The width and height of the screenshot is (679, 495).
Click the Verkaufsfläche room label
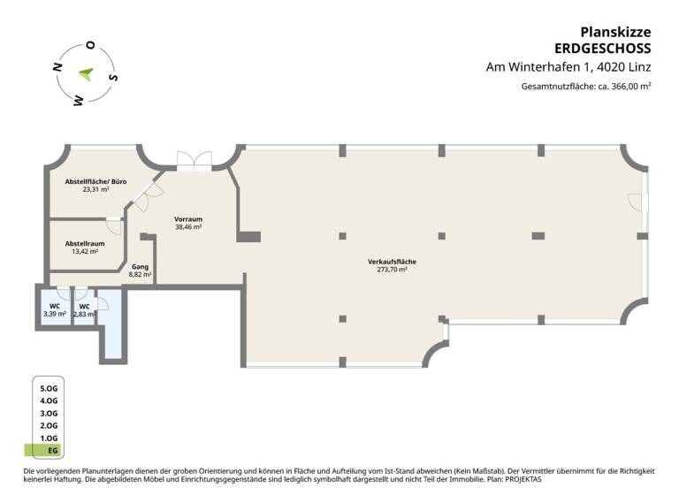point(392,262)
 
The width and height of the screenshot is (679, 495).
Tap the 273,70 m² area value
point(392,270)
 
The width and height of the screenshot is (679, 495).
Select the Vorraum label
point(188,219)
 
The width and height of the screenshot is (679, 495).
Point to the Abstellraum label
point(85,243)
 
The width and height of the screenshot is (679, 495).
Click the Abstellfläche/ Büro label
point(95,181)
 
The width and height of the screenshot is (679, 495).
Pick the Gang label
point(140,267)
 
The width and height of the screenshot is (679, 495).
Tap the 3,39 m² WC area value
point(55,314)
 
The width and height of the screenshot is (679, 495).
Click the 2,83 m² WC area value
point(84,315)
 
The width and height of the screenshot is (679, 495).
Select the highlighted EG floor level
point(48,451)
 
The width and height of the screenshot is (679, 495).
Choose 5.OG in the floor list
point(49,388)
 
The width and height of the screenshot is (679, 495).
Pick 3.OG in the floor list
point(49,414)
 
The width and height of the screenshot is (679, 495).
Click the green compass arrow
point(87,74)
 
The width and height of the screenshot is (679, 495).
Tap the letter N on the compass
point(57,67)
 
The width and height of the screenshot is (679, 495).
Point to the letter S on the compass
point(113,78)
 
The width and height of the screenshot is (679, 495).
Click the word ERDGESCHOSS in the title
point(603,49)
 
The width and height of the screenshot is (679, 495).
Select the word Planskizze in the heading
point(615,32)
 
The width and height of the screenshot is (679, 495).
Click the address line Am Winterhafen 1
point(539,67)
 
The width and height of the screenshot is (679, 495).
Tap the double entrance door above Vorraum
point(195,160)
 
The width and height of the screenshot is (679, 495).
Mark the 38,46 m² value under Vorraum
point(188,227)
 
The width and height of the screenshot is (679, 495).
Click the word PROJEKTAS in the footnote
point(523,479)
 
